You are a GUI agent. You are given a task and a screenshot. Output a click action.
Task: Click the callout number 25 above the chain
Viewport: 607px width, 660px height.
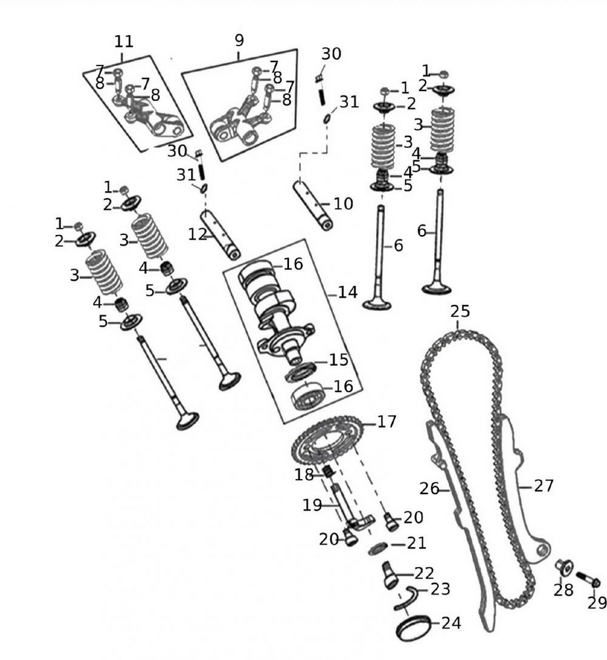coord(460,311)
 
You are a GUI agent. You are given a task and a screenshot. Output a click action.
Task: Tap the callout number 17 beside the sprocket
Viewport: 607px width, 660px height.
coord(387,421)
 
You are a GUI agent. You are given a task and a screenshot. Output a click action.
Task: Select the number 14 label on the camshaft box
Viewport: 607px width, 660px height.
coord(347,292)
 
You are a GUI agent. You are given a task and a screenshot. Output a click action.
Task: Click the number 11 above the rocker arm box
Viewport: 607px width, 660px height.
coord(123,42)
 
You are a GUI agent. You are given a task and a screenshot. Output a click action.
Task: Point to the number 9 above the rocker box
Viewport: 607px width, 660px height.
coord(239,41)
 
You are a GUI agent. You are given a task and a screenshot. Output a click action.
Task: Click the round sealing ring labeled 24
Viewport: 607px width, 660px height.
coord(413,627)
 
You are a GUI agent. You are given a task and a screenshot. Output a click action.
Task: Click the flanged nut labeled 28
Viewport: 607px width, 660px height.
coord(563,566)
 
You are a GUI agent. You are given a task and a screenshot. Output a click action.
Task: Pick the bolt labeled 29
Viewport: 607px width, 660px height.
coord(588,579)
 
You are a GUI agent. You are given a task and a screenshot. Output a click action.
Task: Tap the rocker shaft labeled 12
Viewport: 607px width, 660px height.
coord(220,236)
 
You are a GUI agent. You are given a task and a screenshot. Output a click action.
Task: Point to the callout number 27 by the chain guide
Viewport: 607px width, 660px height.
coord(543,486)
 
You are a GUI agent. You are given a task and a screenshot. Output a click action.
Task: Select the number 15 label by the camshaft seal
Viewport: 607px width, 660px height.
coord(338,361)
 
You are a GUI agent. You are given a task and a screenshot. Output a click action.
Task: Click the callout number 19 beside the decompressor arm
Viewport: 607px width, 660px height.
coord(312,505)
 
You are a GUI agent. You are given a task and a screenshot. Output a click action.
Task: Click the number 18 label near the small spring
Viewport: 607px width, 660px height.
coord(304,475)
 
